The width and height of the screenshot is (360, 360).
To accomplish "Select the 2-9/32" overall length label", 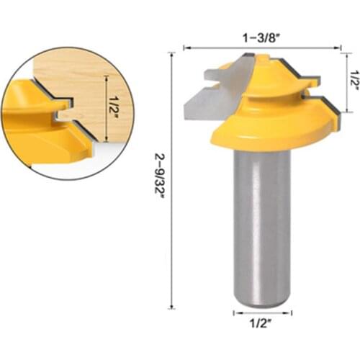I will click(x=160, y=183).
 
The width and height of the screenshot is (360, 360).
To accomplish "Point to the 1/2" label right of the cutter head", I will click(x=354, y=78).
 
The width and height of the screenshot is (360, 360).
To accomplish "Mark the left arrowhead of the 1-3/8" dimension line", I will click(x=186, y=48).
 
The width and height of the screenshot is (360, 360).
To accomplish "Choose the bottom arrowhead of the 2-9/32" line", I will click(x=171, y=305).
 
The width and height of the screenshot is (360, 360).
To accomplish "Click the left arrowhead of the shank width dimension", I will click(x=235, y=313).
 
